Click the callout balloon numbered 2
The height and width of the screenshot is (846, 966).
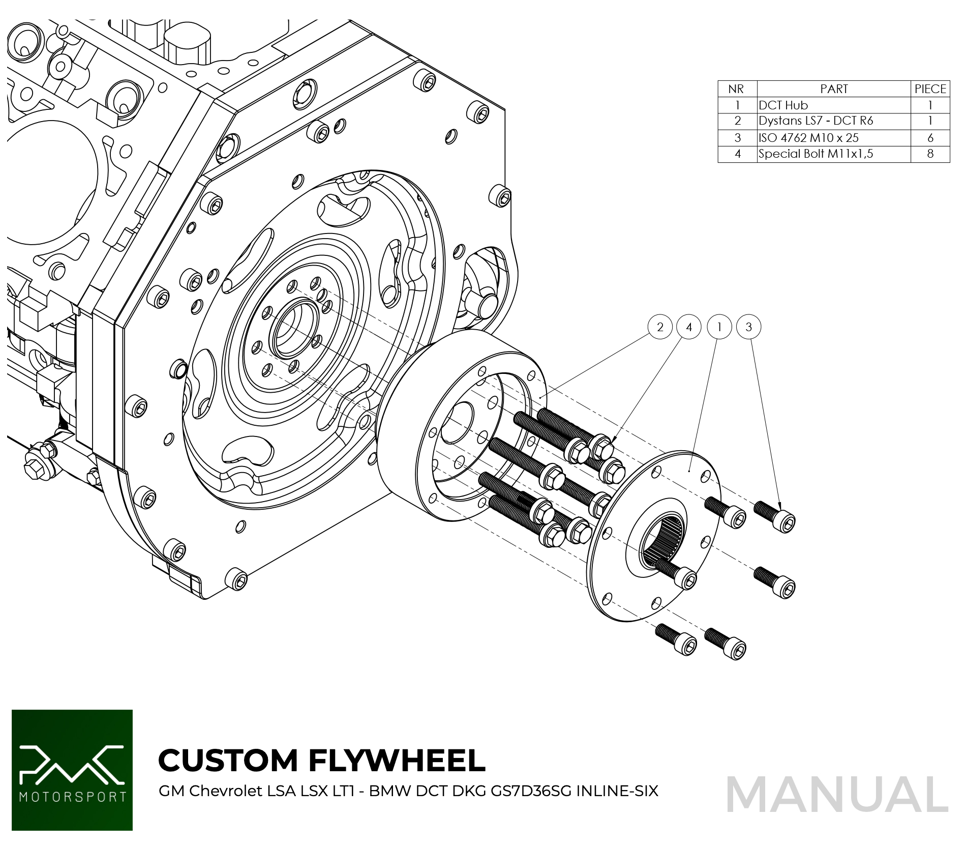tap(660, 327)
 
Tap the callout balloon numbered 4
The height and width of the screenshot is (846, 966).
tap(689, 327)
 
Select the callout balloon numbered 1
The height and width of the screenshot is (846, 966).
tap(719, 327)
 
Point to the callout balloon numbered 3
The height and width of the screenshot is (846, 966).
tap(748, 327)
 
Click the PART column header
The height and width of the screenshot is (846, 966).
tap(834, 89)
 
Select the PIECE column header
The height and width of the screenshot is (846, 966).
tap(930, 89)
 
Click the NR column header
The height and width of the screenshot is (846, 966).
tap(736, 89)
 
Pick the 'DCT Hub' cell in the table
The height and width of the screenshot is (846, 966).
tap(783, 105)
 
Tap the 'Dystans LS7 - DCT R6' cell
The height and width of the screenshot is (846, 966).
tap(816, 121)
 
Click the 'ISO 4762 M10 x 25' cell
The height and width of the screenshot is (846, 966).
tap(808, 138)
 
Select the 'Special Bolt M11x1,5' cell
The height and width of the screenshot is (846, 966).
tap(816, 154)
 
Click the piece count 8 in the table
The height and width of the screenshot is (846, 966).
tap(930, 154)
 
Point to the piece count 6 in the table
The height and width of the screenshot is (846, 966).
tap(930, 138)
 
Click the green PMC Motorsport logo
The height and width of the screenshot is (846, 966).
tap(72, 770)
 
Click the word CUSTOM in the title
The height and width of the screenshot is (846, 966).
tap(228, 761)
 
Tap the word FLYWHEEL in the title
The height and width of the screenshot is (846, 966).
tap(397, 761)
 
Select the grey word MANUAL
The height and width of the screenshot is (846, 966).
tap(837, 795)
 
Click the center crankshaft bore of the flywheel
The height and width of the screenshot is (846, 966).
tap(294, 328)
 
